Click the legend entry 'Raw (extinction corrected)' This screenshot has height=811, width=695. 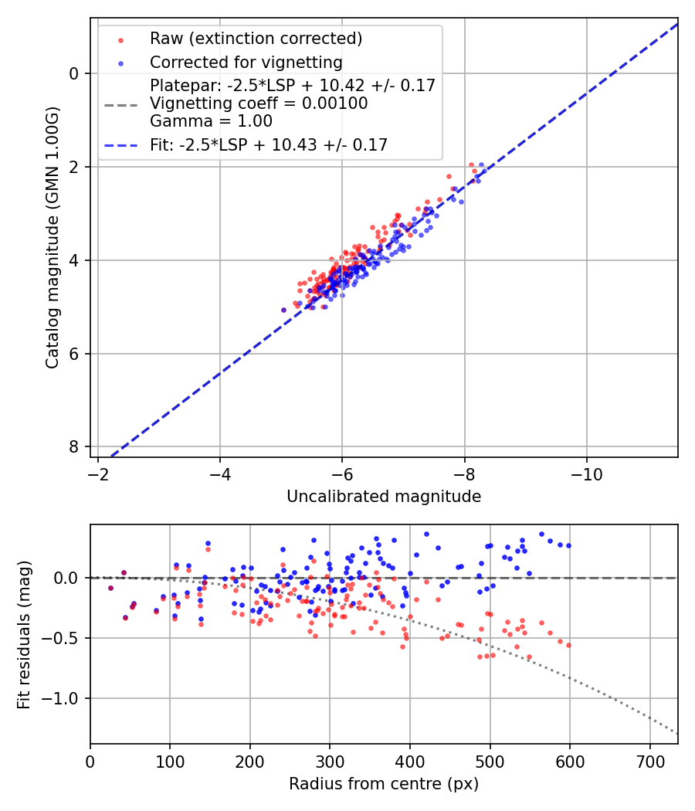point(256,39)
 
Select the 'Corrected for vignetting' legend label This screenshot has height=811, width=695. point(246,62)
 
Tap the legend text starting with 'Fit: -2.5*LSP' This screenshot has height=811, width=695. point(269,144)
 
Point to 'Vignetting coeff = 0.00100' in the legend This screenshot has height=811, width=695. point(259,103)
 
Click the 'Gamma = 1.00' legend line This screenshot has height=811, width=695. point(211,121)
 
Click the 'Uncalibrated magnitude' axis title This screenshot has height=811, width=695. point(384,497)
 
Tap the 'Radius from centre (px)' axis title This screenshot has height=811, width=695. point(384,784)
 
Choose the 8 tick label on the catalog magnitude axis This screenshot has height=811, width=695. point(74,447)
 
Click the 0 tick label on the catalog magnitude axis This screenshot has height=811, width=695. point(74,73)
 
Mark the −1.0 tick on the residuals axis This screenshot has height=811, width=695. point(65,698)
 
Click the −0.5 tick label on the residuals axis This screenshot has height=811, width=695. point(65,638)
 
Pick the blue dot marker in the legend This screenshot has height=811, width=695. point(120,63)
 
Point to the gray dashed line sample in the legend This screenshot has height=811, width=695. point(120,103)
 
